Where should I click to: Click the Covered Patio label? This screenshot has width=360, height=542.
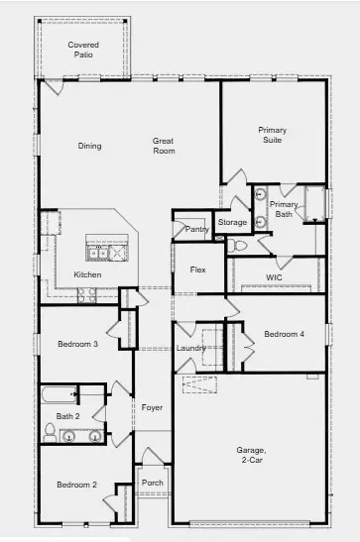(83, 50)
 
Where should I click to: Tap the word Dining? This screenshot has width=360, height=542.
(90, 146)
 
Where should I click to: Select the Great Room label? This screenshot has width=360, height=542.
(163, 146)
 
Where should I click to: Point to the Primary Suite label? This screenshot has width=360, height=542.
(272, 135)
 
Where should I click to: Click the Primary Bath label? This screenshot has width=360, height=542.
(283, 209)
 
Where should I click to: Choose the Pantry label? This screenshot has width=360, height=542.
(196, 229)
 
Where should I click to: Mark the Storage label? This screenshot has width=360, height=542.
(232, 223)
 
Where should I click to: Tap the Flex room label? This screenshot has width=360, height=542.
(198, 270)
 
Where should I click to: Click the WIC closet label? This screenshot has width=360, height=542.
(275, 277)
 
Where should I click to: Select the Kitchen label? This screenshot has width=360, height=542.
(87, 274)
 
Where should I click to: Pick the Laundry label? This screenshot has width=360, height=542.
(190, 348)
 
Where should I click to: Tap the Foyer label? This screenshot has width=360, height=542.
(151, 407)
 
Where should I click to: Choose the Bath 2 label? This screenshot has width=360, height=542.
(67, 416)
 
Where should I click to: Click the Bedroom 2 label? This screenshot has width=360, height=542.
(75, 485)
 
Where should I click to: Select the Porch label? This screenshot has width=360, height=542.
(153, 483)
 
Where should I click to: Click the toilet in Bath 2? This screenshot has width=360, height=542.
(50, 431)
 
